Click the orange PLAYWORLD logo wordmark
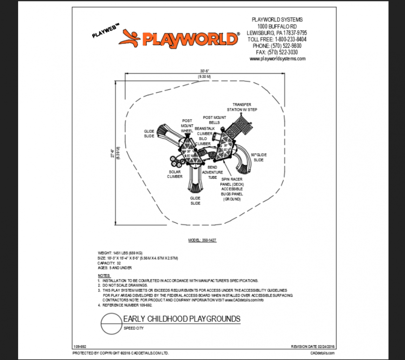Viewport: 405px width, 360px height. point(190,39)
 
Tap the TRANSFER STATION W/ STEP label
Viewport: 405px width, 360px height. point(242,107)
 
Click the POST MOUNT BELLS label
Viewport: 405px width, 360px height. point(214,120)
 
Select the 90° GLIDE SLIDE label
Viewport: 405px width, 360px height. point(258,157)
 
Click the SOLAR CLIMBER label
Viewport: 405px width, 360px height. point(175,174)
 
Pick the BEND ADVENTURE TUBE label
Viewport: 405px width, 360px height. point(212,172)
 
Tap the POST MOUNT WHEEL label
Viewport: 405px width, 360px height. point(187,126)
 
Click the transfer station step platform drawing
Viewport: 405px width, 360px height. point(243,124)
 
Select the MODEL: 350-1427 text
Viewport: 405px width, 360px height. point(202,241)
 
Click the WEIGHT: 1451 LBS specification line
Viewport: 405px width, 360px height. point(120,253)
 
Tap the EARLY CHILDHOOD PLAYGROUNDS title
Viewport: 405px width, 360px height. point(182,319)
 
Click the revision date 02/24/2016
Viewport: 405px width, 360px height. point(312,347)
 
